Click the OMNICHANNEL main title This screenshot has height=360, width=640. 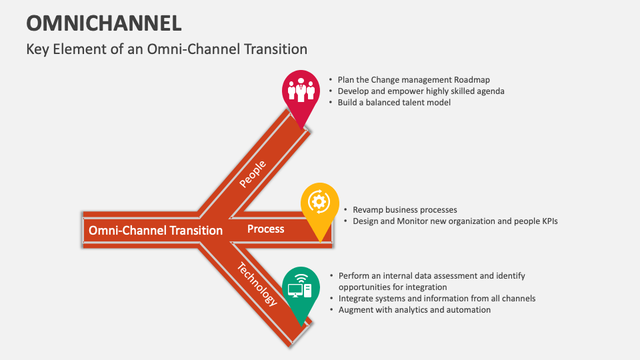click(x=104, y=23)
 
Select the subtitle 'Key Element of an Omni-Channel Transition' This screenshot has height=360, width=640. click(x=167, y=49)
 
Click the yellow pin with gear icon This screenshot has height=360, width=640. click(x=319, y=203)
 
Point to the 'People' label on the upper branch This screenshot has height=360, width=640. click(x=253, y=173)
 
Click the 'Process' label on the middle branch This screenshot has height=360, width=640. click(x=265, y=229)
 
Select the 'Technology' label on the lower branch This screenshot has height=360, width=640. click(x=257, y=283)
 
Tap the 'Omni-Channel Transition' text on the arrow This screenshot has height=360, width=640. click(x=155, y=230)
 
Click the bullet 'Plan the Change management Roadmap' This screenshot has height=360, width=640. click(x=413, y=79)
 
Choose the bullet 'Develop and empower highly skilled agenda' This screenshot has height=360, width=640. click(x=421, y=91)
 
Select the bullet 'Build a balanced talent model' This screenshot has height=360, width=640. click(x=394, y=102)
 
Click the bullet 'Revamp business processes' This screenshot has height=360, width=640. click(x=405, y=209)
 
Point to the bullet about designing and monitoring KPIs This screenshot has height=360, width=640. click(x=455, y=221)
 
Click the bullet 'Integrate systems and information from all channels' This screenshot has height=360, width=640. click(x=437, y=298)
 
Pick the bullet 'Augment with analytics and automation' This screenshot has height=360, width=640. click(x=414, y=309)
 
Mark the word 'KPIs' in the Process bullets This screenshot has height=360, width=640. click(x=547, y=221)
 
